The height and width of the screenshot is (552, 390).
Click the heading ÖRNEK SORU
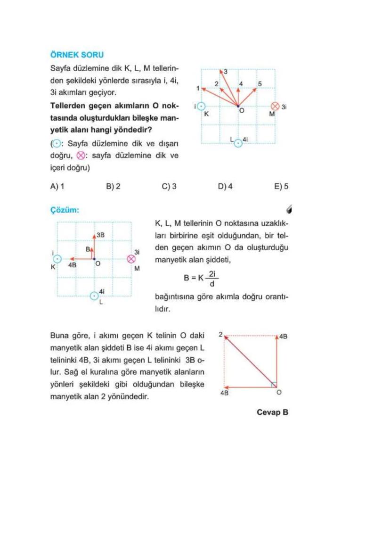pos(77,55)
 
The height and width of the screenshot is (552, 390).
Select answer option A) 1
pos(57,186)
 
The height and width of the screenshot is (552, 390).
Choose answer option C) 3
pos(169,186)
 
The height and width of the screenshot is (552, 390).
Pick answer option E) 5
pos(281,186)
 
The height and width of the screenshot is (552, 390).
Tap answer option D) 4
pos(225,186)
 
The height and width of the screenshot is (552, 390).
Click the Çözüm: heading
pos(65,210)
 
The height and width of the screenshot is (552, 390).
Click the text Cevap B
pos(272,412)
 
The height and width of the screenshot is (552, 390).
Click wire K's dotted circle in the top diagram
pos(202,107)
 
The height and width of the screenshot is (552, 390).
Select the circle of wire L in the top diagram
pos(238,142)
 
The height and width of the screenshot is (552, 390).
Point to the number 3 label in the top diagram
pos(225,72)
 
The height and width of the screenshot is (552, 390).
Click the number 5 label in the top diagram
pos(260,84)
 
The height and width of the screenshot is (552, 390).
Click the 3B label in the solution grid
pos(100,235)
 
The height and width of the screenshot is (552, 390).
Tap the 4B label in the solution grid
pos(73,266)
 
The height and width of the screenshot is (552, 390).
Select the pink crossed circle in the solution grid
pos(131,259)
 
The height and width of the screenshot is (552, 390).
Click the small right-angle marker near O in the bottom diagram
pos(274,385)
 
